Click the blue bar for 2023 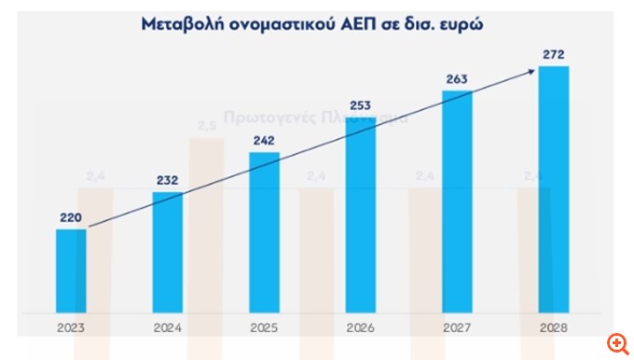point(71,270)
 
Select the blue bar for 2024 point(168,252)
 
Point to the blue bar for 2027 point(457,201)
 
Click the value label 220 point(72,219)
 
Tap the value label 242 point(264,142)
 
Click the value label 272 point(554,54)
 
